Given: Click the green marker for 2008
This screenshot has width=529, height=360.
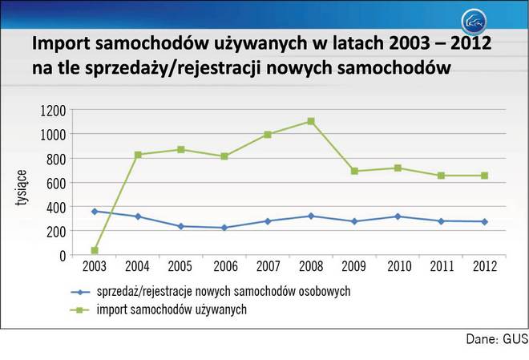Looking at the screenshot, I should [311, 122].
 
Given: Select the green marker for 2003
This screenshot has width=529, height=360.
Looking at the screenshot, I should [95, 250].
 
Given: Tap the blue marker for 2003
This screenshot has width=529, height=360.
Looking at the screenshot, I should [95, 212].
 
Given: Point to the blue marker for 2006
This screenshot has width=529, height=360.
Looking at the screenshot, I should [224, 228].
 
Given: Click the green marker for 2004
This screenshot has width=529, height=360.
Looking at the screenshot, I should [138, 155].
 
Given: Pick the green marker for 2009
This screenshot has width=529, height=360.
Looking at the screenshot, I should [354, 171].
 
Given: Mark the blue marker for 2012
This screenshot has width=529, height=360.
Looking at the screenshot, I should [484, 221].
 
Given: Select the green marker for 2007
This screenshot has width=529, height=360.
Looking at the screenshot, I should [268, 135].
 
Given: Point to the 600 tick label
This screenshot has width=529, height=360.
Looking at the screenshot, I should [56, 183].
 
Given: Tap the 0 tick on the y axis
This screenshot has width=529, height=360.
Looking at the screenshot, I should [62, 255].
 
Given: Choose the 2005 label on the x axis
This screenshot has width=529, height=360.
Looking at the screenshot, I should [181, 267].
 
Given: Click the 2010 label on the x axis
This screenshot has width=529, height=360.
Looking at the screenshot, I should [398, 267].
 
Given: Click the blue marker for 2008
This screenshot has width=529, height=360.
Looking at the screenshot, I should [311, 216].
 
